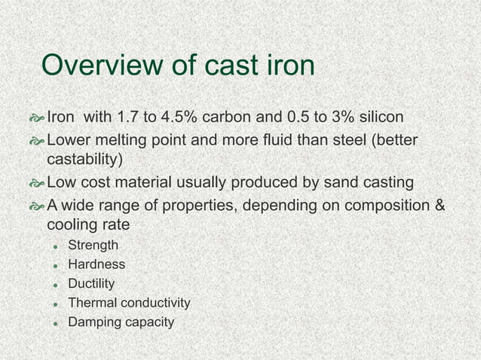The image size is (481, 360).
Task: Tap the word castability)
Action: tap(84, 160)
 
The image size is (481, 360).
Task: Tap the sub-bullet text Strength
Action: tap(93, 245)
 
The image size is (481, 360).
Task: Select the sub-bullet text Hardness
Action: tap(97, 264)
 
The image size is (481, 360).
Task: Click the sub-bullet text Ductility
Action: tap(91, 284)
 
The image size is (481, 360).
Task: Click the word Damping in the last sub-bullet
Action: tap(93, 322)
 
